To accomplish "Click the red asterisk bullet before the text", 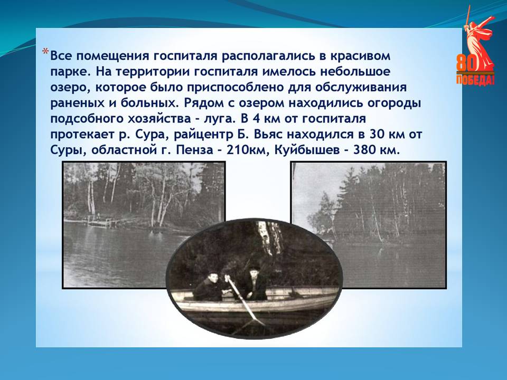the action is (45, 52).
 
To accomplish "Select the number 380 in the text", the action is (365, 150).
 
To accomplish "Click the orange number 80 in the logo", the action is (466, 63).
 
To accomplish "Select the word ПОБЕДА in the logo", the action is (475, 80).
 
